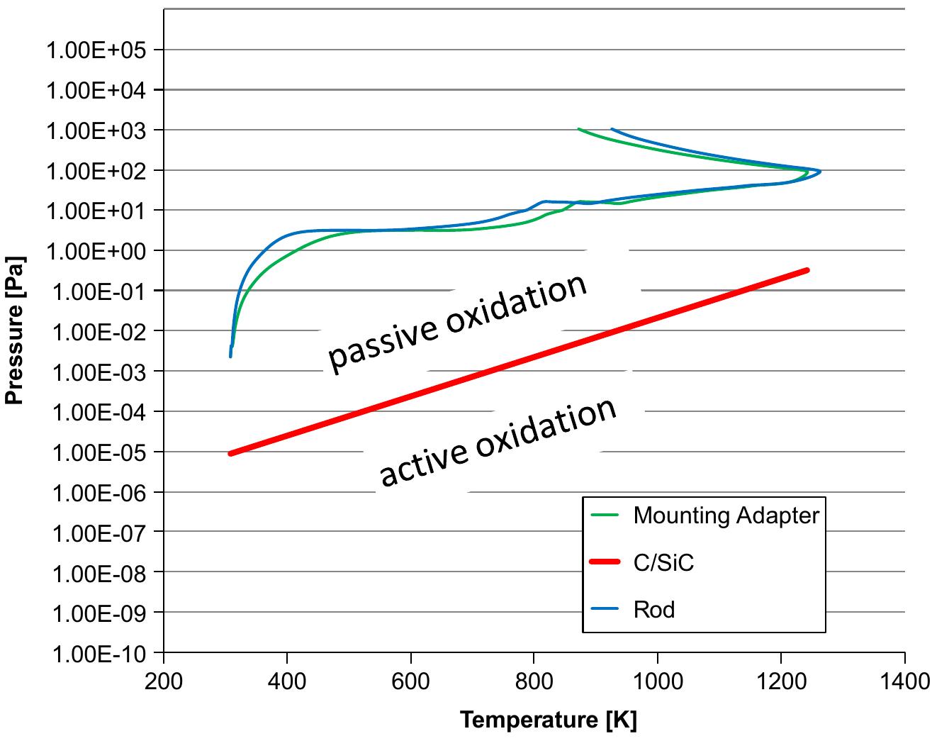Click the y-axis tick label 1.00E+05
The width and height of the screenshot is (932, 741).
(x=96, y=51)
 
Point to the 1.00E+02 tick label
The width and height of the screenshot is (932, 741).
(x=96, y=172)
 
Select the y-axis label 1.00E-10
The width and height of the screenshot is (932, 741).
(x=99, y=654)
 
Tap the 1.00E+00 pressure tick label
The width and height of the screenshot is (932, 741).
(x=96, y=252)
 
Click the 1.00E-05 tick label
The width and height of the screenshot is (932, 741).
(x=99, y=453)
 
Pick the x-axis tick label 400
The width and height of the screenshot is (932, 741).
(x=287, y=681)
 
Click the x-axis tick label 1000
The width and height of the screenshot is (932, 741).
(x=658, y=681)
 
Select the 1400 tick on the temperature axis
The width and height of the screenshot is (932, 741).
(x=905, y=681)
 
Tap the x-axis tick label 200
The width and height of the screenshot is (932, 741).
(x=163, y=681)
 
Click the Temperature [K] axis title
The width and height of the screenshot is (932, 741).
(x=549, y=720)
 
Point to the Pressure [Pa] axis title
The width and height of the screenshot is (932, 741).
(x=14, y=330)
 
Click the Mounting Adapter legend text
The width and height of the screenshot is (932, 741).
(x=726, y=516)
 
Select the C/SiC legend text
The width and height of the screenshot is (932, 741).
(x=663, y=562)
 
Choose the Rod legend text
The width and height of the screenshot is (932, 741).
(x=654, y=609)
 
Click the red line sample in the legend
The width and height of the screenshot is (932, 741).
(x=605, y=562)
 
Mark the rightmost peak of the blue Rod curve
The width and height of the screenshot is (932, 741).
(x=820, y=171)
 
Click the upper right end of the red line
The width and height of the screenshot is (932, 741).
(x=807, y=270)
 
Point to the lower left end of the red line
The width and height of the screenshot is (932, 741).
(x=230, y=453)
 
